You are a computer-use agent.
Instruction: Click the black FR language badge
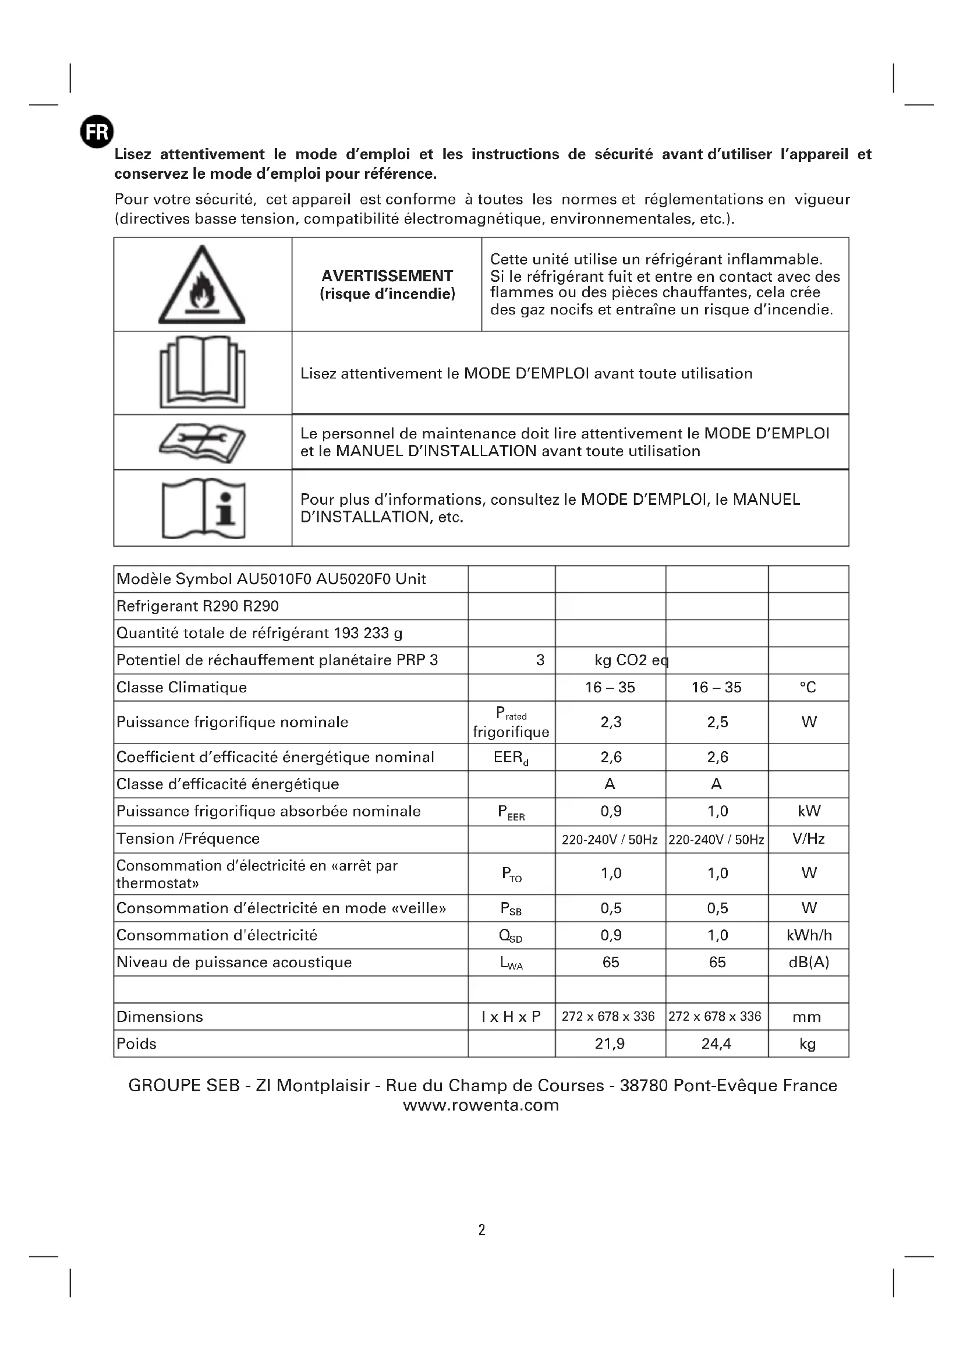[x=97, y=132]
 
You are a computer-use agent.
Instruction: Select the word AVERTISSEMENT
[x=387, y=276]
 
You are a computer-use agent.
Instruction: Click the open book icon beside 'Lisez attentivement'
[x=202, y=373]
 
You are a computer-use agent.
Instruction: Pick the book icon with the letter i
[x=203, y=508]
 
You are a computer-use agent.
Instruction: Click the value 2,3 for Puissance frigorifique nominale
[x=611, y=722]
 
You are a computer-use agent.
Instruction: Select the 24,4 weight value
[x=716, y=1043]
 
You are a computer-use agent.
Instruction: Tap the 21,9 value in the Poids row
[x=610, y=1043]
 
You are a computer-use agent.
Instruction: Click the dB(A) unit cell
[x=808, y=962]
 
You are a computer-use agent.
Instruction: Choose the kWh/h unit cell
[x=809, y=935]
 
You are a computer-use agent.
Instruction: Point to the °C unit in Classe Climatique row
[x=808, y=687]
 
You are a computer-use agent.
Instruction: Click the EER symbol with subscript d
[x=511, y=758]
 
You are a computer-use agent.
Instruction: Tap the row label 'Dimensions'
[x=160, y=1017]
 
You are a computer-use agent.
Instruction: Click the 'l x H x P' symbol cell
[x=511, y=1017]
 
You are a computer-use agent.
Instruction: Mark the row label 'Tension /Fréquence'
[x=188, y=839]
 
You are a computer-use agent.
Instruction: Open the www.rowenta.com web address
[x=481, y=1105]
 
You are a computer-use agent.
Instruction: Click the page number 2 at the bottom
[x=481, y=1230]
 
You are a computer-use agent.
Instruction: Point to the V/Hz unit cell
[x=808, y=839]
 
